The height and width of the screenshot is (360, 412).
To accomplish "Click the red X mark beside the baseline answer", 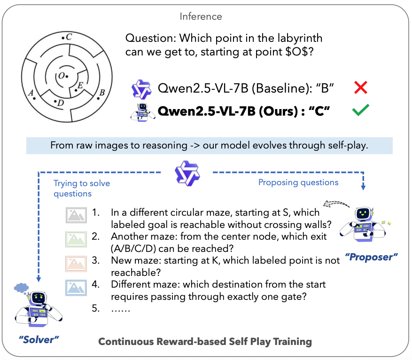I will point(360,87).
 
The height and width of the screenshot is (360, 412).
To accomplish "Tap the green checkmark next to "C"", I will point(360,111).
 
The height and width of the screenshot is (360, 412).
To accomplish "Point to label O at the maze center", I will point(61,76).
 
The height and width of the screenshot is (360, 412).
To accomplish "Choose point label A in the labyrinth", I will point(31,93).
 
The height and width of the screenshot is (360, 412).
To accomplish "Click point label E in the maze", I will point(80,85).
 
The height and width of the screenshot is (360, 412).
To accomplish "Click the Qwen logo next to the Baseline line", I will point(141,88).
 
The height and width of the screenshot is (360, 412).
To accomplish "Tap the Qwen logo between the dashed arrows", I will point(184,172).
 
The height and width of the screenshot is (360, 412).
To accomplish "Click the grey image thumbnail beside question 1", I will point(76,216).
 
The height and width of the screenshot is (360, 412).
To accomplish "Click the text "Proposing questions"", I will point(298,182).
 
